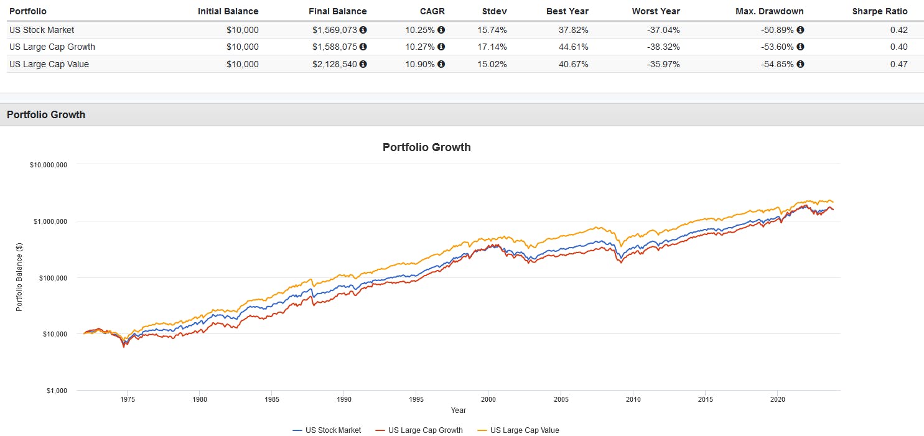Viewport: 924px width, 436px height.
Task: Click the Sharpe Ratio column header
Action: click(x=879, y=11)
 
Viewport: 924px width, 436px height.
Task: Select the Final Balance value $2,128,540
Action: click(x=335, y=64)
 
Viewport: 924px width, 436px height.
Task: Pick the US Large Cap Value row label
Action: click(x=49, y=64)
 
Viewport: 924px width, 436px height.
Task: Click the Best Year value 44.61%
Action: click(x=572, y=47)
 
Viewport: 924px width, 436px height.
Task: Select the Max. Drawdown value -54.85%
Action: click(x=777, y=64)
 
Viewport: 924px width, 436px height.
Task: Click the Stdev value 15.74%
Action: click(x=493, y=30)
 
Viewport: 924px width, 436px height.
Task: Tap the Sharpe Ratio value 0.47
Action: click(x=898, y=64)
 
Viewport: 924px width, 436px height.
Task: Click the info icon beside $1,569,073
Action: click(x=363, y=30)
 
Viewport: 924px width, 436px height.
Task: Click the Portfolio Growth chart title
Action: click(x=426, y=147)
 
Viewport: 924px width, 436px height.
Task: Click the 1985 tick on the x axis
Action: click(x=271, y=399)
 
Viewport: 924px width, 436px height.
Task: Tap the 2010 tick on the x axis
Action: click(x=633, y=399)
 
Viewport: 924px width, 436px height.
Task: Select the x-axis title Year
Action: click(x=459, y=410)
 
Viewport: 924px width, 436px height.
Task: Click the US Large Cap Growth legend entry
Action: click(x=425, y=430)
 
